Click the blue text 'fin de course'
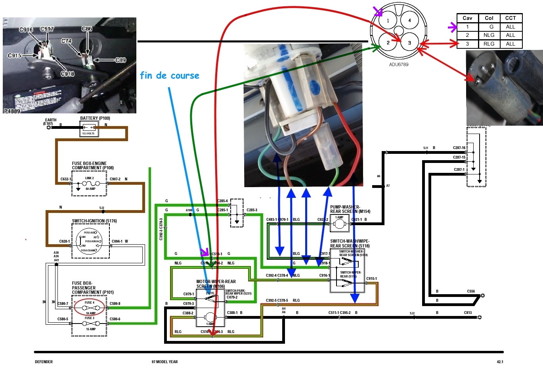click(x=169, y=75)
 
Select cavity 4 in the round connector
click(x=409, y=20)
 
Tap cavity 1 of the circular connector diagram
click(x=388, y=21)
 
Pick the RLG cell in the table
click(x=489, y=44)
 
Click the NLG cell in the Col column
click(x=489, y=35)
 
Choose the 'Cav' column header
click(x=467, y=18)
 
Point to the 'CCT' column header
click(x=510, y=18)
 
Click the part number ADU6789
click(x=398, y=65)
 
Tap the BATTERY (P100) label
click(x=95, y=118)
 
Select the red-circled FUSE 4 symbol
click(x=90, y=308)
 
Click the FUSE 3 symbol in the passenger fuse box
click(x=90, y=323)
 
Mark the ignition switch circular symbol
click(x=89, y=241)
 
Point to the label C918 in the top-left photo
click(x=67, y=74)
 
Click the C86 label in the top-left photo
click(x=87, y=29)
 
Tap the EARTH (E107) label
click(x=50, y=122)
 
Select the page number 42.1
click(x=500, y=362)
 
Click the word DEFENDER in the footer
click(x=44, y=362)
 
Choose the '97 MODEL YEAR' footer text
click(x=164, y=362)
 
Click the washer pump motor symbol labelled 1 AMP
click(x=339, y=224)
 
